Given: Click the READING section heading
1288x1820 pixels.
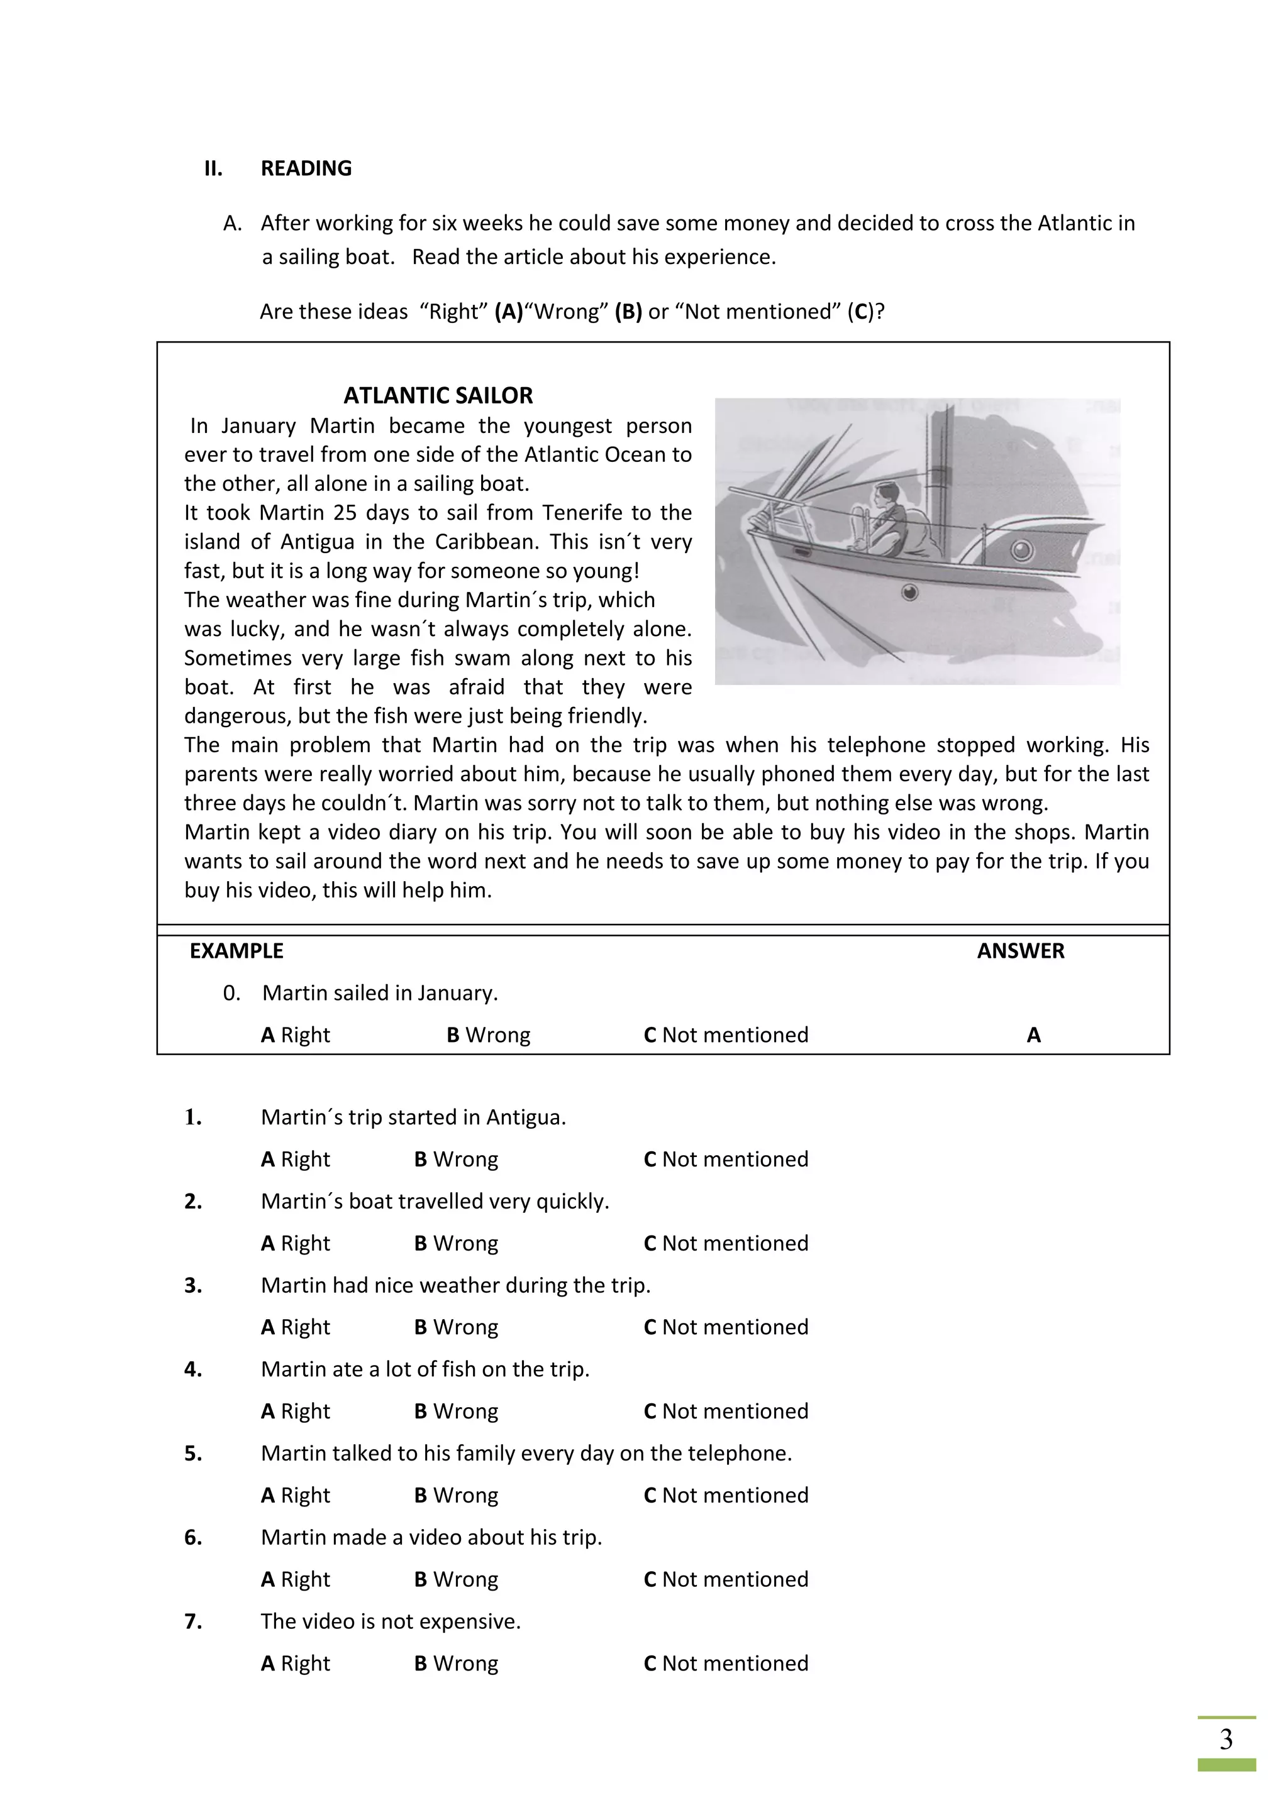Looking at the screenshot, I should (306, 168).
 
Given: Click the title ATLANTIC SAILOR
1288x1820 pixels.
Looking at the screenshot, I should (438, 395).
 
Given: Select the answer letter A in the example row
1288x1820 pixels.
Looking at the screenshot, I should (1033, 1034).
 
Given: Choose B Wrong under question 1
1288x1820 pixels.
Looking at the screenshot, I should (456, 1159).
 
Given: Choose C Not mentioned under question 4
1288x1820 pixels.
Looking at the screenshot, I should (726, 1411).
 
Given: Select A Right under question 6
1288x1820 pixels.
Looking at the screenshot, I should (295, 1579).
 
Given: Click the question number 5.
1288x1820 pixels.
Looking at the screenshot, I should (192, 1453).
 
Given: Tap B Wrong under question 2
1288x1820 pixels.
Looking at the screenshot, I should (456, 1243).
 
